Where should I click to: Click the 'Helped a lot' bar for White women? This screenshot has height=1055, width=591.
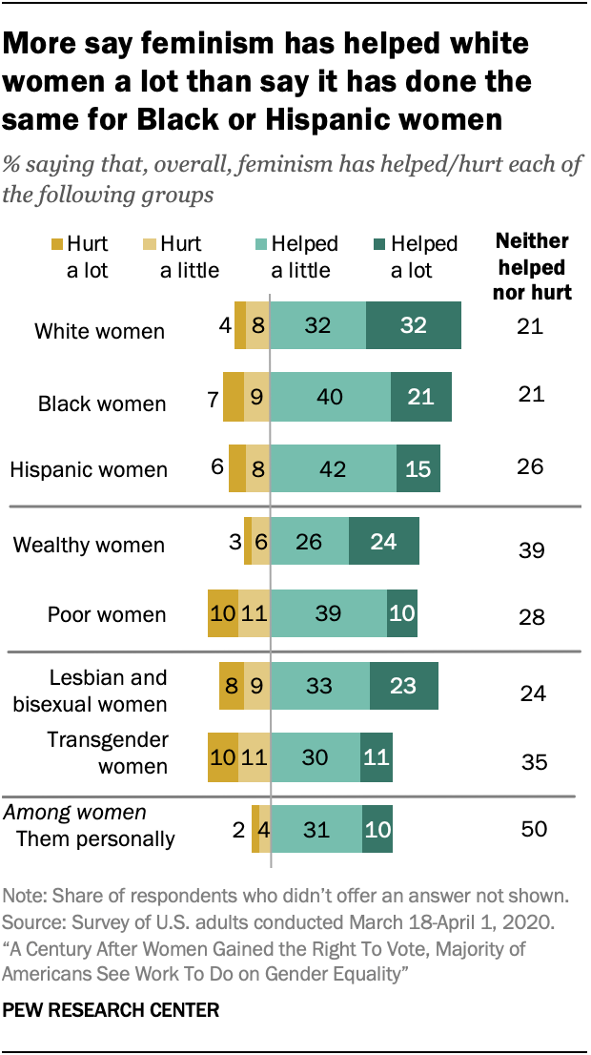[x=414, y=326]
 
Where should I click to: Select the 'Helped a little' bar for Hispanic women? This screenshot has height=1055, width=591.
[x=334, y=467]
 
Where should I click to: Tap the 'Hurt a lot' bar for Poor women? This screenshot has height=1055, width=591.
[x=223, y=613]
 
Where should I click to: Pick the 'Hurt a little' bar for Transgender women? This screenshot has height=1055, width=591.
[x=255, y=758]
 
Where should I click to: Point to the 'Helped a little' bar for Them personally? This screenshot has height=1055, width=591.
[x=316, y=828]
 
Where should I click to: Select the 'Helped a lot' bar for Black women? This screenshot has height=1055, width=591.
[x=420, y=397]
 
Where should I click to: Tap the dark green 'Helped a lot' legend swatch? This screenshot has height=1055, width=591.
[x=378, y=245]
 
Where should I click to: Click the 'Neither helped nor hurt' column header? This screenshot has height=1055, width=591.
[x=532, y=266]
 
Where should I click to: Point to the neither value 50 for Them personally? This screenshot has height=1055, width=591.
[x=534, y=828]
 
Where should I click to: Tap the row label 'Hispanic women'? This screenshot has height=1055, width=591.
[x=88, y=469]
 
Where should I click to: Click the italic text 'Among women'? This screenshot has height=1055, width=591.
[x=75, y=813]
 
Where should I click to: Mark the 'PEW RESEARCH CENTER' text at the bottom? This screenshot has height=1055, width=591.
[x=112, y=1008]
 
